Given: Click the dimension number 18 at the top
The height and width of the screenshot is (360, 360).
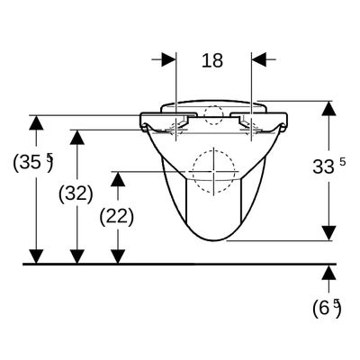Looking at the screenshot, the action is pyautogui.click(x=212, y=60).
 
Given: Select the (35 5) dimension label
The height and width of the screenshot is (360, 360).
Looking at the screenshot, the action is pyautogui.click(x=33, y=162).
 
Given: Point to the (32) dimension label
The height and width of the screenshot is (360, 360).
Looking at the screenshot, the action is pyautogui.click(x=76, y=193).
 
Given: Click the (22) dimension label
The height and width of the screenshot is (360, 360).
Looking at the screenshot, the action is pyautogui.click(x=117, y=217).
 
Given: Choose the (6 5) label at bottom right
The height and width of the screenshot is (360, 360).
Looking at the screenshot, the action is pyautogui.click(x=327, y=308).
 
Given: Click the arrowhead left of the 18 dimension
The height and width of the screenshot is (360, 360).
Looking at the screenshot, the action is pyautogui.click(x=168, y=59).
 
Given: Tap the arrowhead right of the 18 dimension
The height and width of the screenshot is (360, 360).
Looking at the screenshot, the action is pyautogui.click(x=259, y=59).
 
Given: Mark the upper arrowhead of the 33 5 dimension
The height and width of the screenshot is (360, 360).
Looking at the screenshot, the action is pyautogui.click(x=328, y=108).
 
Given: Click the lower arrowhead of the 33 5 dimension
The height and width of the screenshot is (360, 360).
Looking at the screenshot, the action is pyautogui.click(x=328, y=233).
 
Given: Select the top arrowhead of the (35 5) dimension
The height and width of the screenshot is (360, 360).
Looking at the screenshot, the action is pyautogui.click(x=36, y=122).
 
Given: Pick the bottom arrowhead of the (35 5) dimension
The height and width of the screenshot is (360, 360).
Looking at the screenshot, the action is pyautogui.click(x=36, y=256).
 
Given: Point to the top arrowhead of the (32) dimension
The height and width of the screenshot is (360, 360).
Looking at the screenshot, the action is pyautogui.click(x=77, y=138).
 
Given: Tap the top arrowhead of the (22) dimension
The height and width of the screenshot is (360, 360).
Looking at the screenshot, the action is pyautogui.click(x=118, y=179).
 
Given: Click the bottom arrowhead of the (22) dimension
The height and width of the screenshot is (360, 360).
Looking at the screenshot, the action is pyautogui.click(x=118, y=256).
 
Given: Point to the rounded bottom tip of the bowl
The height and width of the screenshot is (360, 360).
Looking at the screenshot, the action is pyautogui.click(x=216, y=240).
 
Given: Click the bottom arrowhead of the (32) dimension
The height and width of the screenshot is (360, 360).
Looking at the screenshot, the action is pyautogui.click(x=77, y=256).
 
